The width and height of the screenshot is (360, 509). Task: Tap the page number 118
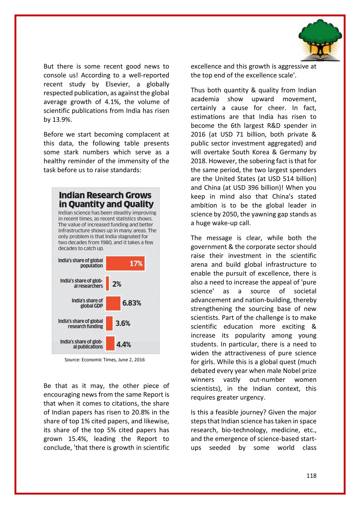(x=311, y=476)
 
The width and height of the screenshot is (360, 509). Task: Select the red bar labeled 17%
(x=125, y=263)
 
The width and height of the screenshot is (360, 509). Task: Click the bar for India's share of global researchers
(x=107, y=284)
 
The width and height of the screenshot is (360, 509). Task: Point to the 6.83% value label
(x=132, y=303)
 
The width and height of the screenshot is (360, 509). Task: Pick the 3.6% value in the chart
(x=123, y=323)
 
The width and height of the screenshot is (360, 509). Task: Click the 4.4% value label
(x=124, y=344)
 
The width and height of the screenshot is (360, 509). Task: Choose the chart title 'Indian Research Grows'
(x=105, y=195)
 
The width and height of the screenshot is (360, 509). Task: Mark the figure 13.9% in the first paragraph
(x=62, y=119)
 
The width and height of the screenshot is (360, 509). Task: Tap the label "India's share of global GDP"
(x=87, y=303)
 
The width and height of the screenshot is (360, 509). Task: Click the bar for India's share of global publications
(x=110, y=344)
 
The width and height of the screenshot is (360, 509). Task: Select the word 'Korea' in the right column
(x=261, y=152)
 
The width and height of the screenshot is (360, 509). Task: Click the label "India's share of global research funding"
(x=81, y=324)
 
